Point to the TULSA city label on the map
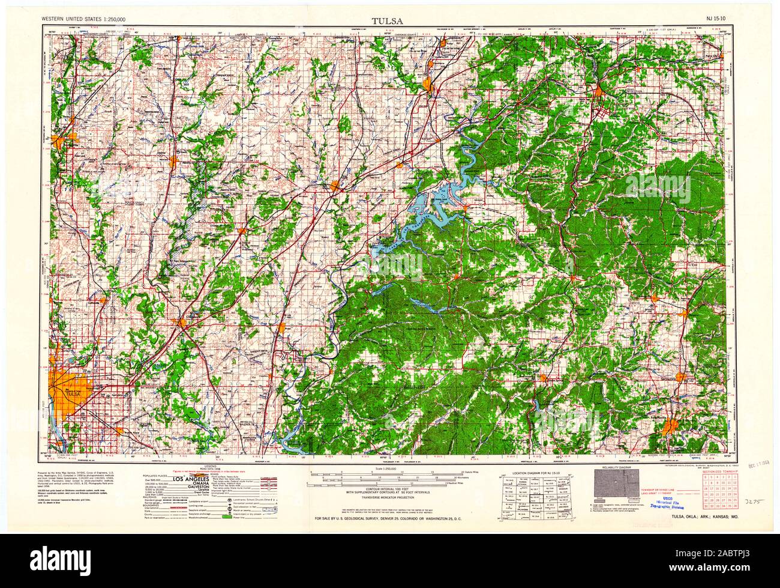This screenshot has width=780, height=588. [74, 393]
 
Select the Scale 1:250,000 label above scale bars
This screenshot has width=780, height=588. [387, 468]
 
